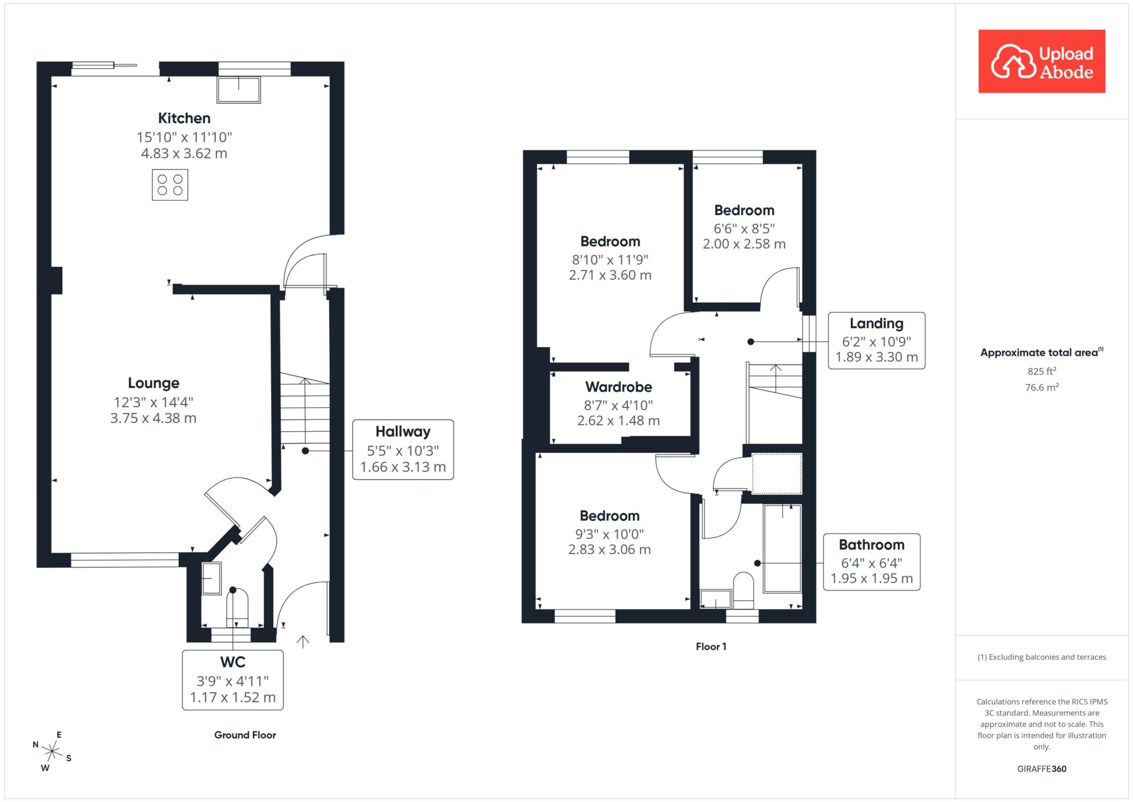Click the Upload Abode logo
coord(1042,61)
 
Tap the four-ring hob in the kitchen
coord(170,185)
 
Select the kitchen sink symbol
coord(238,90)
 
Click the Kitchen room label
coord(184,118)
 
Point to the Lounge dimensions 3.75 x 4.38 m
coord(153,418)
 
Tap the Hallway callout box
coord(403,449)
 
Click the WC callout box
coord(233,680)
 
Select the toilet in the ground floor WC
coord(237,608)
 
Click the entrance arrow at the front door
coord(303,641)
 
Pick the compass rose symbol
coord(52,752)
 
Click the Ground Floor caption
coord(245,735)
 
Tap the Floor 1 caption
coord(711,646)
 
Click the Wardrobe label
coord(619,387)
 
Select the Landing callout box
coord(876,340)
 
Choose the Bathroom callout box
coord(871,562)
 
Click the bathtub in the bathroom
coord(782,548)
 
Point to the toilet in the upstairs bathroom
coord(744,591)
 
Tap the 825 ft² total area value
coord(1042,371)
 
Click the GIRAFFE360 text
coord(1042,769)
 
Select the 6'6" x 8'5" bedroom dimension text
coord(744,228)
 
